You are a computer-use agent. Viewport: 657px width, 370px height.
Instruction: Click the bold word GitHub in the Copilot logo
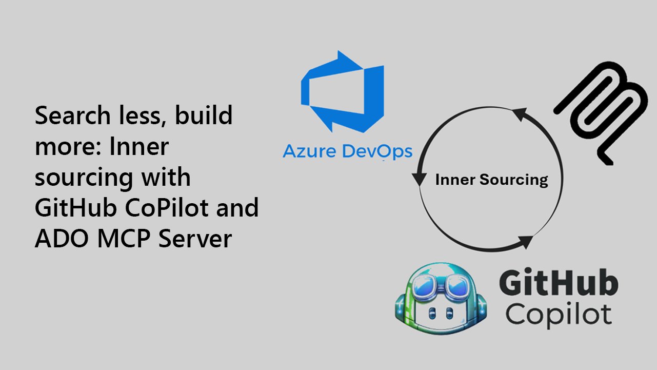[559, 285]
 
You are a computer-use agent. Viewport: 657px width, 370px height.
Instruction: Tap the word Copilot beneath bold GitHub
[559, 314]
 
